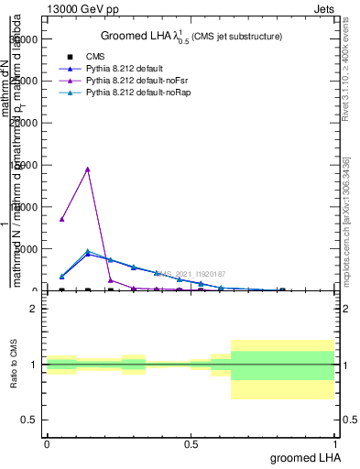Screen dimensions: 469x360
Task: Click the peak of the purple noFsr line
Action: tap(87, 169)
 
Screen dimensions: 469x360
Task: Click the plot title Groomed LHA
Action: tap(191, 36)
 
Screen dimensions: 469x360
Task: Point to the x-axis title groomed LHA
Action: tap(303, 456)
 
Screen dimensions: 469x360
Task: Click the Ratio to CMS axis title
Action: tap(15, 365)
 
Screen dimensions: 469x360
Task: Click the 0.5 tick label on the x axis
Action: tap(191, 442)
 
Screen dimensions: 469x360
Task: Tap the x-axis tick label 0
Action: tap(47, 442)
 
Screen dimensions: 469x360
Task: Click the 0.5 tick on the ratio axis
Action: tap(30, 420)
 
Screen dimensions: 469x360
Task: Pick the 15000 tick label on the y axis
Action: tap(25, 165)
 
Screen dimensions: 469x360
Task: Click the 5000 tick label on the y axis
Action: tap(27, 248)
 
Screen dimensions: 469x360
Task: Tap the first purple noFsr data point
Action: tap(61, 219)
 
